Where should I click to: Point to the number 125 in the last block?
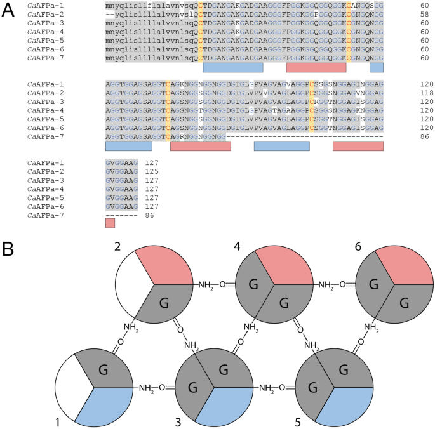click(x=150, y=172)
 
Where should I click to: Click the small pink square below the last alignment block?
click(x=110, y=223)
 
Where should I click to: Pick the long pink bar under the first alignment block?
click(x=316, y=67)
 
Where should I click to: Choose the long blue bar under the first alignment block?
click(x=232, y=67)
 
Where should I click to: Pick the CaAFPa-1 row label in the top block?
click(x=45, y=6)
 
